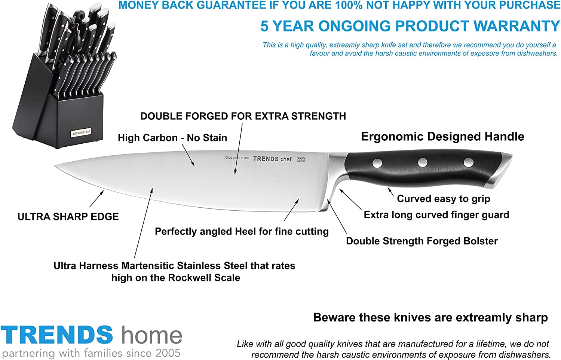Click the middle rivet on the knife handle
pyautogui.click(x=423, y=162)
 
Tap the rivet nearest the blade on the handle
pyautogui.click(x=377, y=163)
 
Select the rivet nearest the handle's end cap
pyautogui.click(x=468, y=162)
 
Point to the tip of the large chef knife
pyautogui.click(x=55, y=166)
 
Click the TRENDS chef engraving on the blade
pyautogui.click(x=272, y=159)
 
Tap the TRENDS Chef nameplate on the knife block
pyautogui.click(x=81, y=132)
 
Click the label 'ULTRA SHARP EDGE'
pyautogui.click(x=68, y=217)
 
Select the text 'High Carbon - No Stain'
pyautogui.click(x=172, y=138)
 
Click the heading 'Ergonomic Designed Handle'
pyautogui.click(x=442, y=137)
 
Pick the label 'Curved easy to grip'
pyautogui.click(x=444, y=199)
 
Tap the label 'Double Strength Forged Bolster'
pyautogui.click(x=422, y=241)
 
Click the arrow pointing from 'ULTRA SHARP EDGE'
pyautogui.click(x=96, y=199)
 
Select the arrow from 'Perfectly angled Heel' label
pyautogui.click(x=291, y=210)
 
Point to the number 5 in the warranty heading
pyautogui.click(x=264, y=26)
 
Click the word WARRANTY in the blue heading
pyautogui.click(x=516, y=26)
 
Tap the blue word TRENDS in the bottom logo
pyautogui.click(x=57, y=335)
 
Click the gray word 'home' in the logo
pyautogui.click(x=152, y=335)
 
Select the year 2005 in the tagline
pyautogui.click(x=168, y=353)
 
